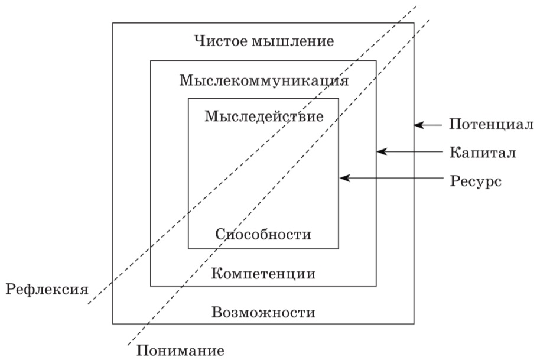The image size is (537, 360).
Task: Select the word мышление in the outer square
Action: coord(293,41)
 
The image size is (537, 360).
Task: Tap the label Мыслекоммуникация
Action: coord(264,81)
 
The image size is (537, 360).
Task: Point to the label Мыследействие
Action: coord(264,116)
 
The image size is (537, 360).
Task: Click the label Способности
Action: coord(263,234)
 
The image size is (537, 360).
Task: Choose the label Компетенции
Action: coord(263,274)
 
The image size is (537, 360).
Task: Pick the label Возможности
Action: coord(263,312)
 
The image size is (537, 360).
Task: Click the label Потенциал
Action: coord(492,124)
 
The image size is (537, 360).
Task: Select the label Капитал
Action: coord(483,152)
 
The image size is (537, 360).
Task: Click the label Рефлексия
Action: coord(47,290)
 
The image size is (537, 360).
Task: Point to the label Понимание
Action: coord(181,351)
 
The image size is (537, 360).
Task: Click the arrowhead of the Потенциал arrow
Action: coord(418,125)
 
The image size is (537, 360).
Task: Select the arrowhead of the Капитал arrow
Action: coord(381,151)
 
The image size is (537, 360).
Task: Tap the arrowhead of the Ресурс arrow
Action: coord(344,178)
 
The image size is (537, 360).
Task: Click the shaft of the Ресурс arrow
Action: coord(390,178)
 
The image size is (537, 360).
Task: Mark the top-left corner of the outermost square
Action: coord(113,23)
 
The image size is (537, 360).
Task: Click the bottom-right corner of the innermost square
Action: coord(339,248)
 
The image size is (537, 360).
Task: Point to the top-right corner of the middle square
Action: coord(376,61)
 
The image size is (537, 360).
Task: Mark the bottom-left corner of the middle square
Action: coord(151,286)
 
